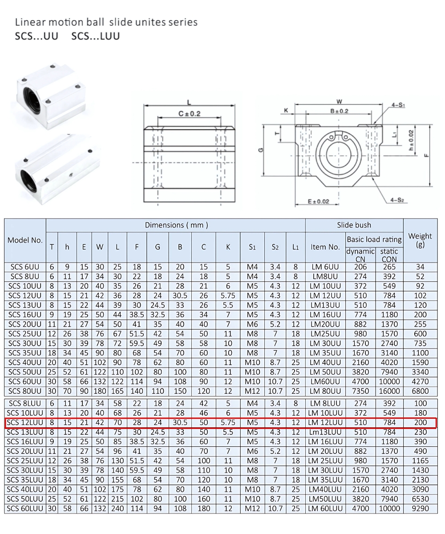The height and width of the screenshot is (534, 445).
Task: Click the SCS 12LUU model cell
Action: (x=25, y=422)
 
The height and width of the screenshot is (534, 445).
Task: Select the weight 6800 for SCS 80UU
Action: (x=420, y=391)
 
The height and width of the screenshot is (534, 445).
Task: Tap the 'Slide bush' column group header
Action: (x=354, y=225)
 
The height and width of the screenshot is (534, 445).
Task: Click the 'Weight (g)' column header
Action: (x=420, y=240)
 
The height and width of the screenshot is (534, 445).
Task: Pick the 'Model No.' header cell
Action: (x=25, y=240)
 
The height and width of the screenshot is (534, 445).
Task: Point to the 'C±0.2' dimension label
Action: (x=189, y=113)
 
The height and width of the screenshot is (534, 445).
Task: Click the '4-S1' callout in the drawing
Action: (x=398, y=105)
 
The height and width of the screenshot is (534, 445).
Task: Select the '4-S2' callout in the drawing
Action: (x=397, y=200)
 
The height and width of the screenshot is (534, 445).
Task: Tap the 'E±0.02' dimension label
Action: (x=319, y=202)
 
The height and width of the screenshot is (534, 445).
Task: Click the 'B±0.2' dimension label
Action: (x=339, y=111)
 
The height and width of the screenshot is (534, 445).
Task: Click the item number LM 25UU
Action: (x=325, y=334)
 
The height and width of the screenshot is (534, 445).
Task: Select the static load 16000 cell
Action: (x=389, y=391)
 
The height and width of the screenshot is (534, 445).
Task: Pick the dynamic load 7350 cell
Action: (x=360, y=391)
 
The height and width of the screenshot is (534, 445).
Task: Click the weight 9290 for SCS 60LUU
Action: (x=420, y=508)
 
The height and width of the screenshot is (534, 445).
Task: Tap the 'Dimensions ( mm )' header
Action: (x=176, y=225)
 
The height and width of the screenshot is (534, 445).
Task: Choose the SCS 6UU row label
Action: (x=25, y=267)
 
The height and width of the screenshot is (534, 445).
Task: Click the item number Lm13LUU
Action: (x=325, y=432)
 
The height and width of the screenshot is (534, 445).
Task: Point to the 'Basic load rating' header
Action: (x=374, y=239)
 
